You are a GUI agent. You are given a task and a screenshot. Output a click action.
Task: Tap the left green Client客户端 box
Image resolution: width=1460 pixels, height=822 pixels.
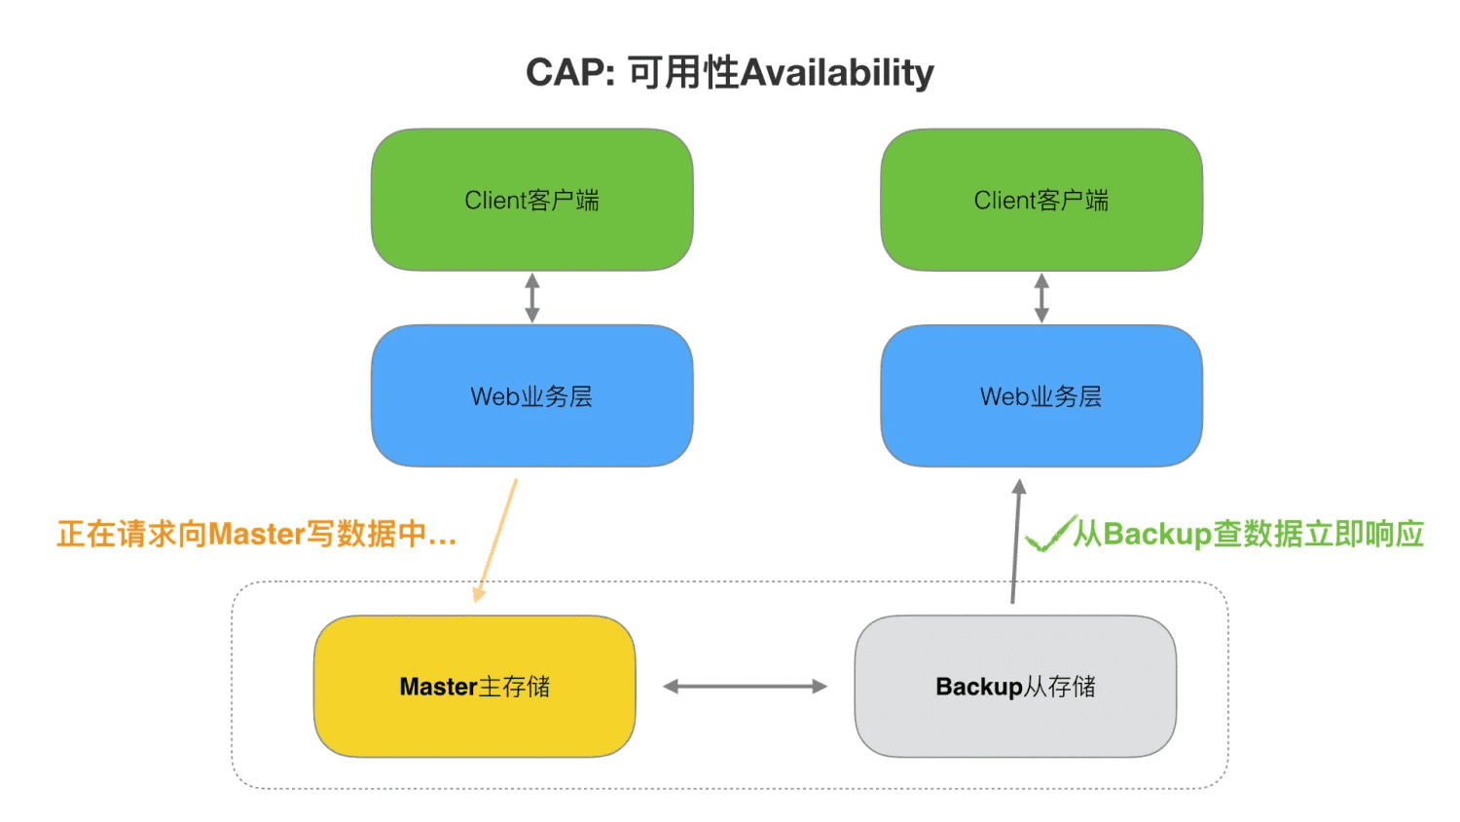pos(531,200)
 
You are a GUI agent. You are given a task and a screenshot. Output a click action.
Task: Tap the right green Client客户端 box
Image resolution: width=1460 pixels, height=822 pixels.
pos(1041,200)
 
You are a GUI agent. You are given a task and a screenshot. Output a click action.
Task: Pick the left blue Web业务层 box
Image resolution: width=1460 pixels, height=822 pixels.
pos(531,396)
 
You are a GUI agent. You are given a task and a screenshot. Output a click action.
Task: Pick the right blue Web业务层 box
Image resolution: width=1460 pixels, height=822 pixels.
pos(1041,396)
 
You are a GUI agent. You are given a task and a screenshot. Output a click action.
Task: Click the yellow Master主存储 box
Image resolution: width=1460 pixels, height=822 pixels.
pos(474,687)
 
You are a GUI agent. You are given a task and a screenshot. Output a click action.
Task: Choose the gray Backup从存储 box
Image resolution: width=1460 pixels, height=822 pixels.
pos(1015,687)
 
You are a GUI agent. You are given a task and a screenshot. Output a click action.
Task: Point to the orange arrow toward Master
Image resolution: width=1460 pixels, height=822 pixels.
pos(496,541)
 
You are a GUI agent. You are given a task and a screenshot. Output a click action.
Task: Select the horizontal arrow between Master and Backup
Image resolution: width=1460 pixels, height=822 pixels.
pos(745,687)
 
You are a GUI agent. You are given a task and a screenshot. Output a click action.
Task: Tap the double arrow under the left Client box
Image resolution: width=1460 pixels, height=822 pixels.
pos(531,298)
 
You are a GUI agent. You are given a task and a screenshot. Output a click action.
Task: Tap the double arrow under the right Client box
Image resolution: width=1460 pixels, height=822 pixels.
pos(1041,298)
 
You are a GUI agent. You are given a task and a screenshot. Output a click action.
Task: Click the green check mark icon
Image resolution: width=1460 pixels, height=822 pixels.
pos(1049,534)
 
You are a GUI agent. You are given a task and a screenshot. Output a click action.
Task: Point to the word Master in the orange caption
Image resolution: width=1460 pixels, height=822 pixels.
pos(257,534)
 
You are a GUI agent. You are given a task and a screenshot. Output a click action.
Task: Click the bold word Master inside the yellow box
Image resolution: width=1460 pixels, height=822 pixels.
pos(438,687)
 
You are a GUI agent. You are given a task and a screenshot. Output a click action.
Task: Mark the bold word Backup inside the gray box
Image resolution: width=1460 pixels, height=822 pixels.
pos(978,687)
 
